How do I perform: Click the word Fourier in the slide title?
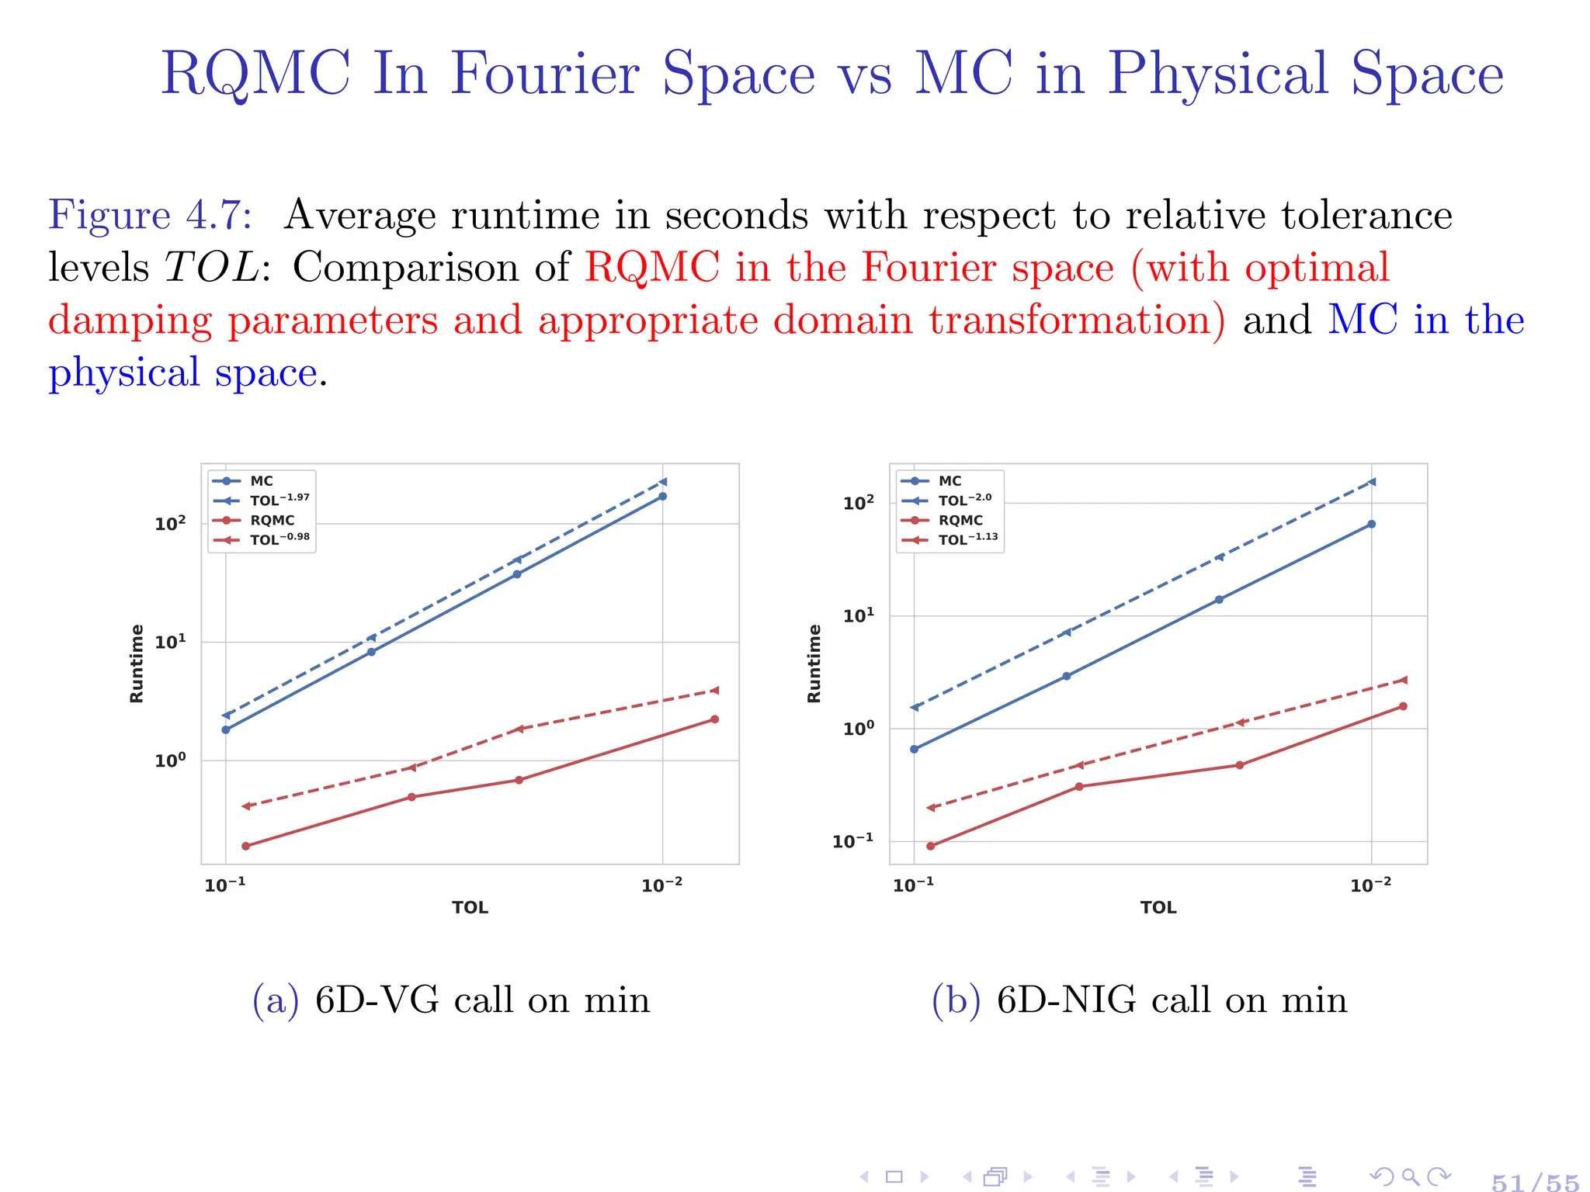554,73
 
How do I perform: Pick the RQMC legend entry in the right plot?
960,520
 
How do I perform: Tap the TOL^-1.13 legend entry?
967,539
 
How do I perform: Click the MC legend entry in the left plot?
261,481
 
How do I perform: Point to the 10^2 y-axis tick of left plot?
170,524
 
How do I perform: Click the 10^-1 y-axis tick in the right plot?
852,841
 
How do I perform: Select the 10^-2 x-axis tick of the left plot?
661,885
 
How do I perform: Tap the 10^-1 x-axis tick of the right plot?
913,885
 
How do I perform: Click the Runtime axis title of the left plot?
137,664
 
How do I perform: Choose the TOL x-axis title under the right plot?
1158,907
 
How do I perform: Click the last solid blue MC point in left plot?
662,496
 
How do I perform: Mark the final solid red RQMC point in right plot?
1403,706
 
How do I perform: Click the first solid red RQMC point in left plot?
246,846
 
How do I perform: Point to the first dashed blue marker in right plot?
915,707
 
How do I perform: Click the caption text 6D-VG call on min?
481,1000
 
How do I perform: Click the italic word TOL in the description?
211,268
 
